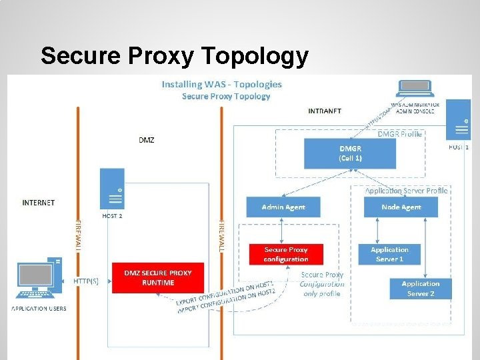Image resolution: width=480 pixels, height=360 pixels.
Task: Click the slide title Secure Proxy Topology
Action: [x=174, y=56]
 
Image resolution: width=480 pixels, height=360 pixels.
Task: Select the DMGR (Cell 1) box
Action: [x=349, y=153]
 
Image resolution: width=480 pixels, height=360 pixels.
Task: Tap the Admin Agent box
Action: [x=283, y=207]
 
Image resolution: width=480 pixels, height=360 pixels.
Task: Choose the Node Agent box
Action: [x=401, y=207]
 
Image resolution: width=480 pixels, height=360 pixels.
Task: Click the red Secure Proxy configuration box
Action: [x=285, y=254]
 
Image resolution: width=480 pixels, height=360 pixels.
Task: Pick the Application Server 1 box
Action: [x=389, y=254]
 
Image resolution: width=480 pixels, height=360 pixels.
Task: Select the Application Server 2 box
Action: [x=421, y=289]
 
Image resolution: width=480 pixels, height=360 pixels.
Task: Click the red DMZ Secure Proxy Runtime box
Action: [x=158, y=277]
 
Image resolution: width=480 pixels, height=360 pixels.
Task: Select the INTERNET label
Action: [x=39, y=202]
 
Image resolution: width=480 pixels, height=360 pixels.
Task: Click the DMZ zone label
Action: [x=147, y=140]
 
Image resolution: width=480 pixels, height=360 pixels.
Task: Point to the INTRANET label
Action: [x=325, y=111]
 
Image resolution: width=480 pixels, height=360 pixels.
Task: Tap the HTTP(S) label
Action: [x=85, y=281]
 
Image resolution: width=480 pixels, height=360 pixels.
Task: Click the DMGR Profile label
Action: [x=400, y=134]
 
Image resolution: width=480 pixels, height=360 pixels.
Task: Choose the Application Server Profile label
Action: [x=406, y=191]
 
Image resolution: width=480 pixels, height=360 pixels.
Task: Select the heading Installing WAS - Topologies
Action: [x=222, y=85]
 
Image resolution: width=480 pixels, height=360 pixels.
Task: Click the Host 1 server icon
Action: [x=459, y=119]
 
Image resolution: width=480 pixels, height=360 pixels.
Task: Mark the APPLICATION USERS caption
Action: [x=39, y=309]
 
